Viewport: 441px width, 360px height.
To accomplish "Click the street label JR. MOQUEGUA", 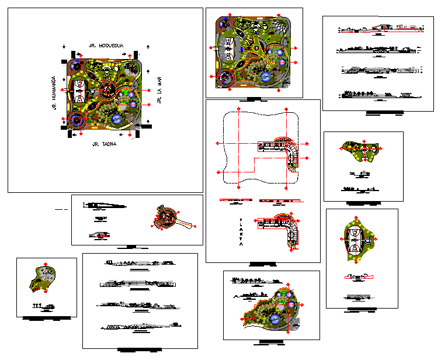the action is tap(104, 46).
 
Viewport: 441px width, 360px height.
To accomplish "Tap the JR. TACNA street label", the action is tap(105, 143).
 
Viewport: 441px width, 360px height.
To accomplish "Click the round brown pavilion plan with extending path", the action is tap(166, 218).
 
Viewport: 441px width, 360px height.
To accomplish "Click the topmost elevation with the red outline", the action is tap(379, 27).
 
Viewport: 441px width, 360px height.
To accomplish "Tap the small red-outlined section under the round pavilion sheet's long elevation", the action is tap(100, 235).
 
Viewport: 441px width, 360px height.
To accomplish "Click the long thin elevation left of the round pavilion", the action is tap(105, 205).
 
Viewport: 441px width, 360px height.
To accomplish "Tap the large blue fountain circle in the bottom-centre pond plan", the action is tap(275, 319).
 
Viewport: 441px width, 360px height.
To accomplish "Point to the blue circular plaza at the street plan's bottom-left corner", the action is tap(75, 120).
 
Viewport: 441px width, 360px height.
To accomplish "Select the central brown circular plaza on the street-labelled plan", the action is tap(107, 91).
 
